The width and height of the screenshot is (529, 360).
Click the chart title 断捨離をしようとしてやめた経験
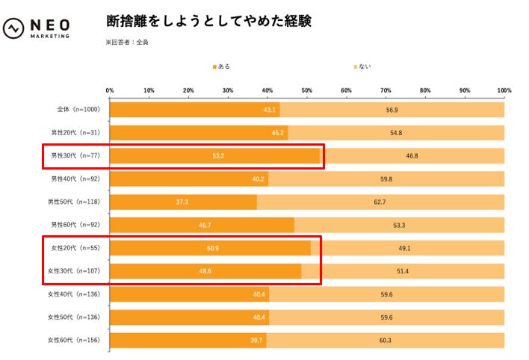tap(209, 21)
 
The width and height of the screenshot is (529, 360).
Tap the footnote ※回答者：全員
tap(127, 43)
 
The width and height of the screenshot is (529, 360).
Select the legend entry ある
tap(222, 67)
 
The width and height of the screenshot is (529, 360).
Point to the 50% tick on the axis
tap(307, 90)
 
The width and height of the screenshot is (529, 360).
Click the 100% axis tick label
tap(504, 90)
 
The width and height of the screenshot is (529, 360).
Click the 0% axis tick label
tap(110, 90)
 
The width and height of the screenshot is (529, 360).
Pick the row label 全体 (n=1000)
tap(78, 110)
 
